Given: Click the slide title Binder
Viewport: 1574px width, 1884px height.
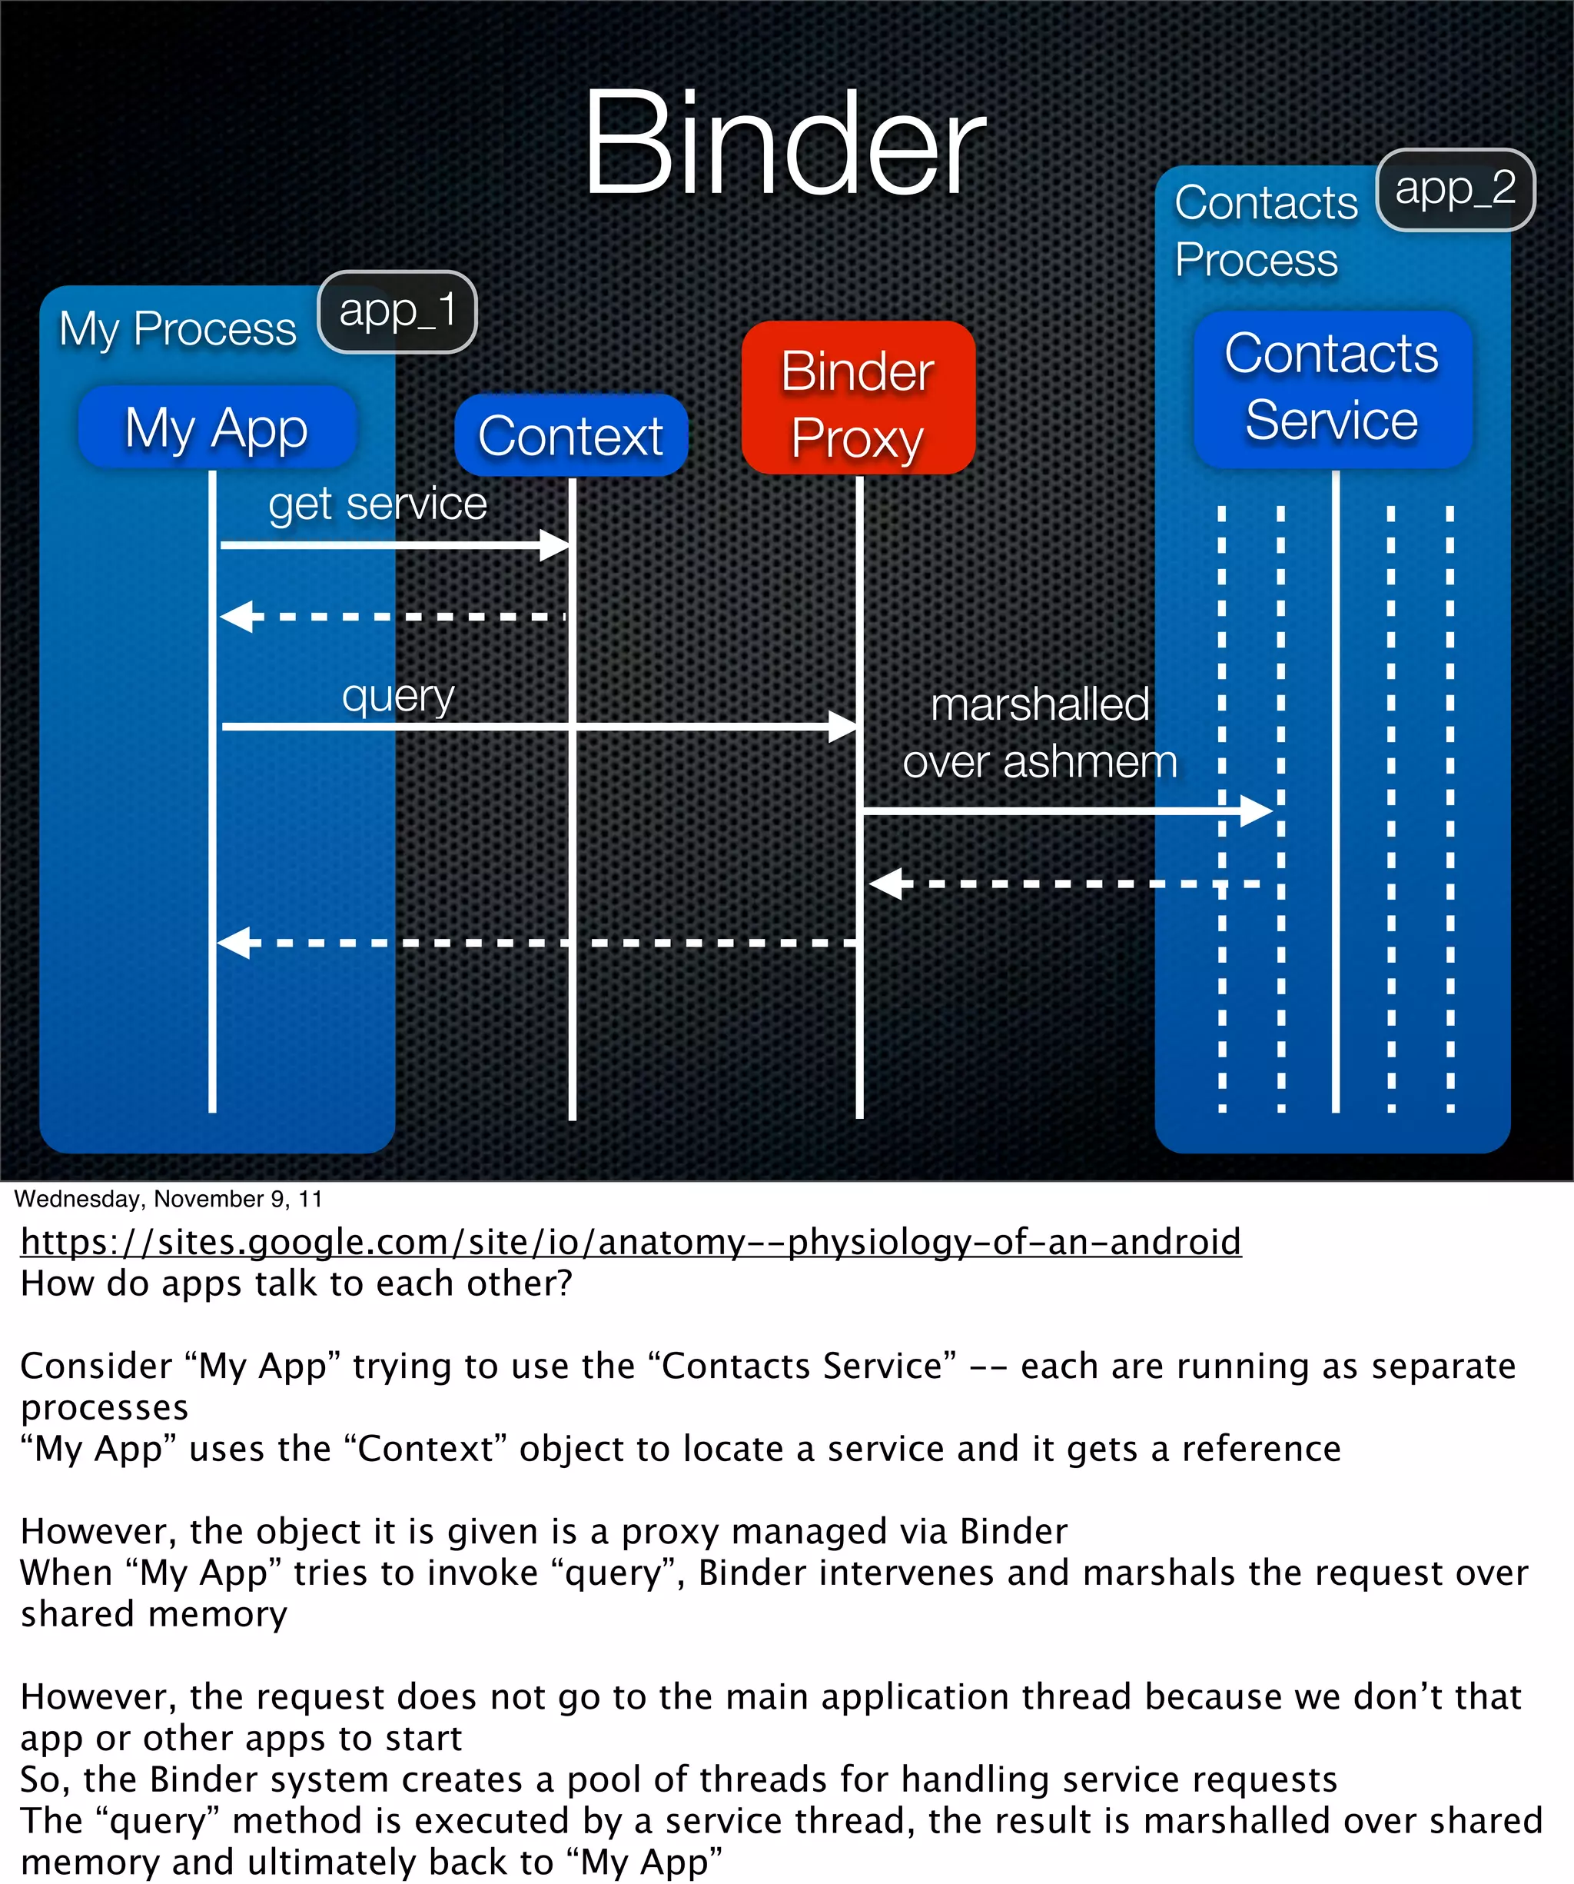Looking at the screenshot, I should pyautogui.click(x=784, y=144).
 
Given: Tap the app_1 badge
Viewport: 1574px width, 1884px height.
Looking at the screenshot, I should pyautogui.click(x=397, y=311).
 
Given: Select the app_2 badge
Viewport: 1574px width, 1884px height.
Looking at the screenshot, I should pyautogui.click(x=1455, y=189).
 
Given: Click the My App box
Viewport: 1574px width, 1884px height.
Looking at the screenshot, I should pyautogui.click(x=217, y=427).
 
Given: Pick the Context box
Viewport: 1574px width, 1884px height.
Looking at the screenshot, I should pyautogui.click(x=570, y=436).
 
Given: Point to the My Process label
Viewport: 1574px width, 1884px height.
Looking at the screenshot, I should pyautogui.click(x=178, y=328).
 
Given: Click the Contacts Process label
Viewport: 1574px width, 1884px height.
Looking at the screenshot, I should pyautogui.click(x=1264, y=231).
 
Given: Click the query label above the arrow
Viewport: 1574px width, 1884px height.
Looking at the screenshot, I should pyautogui.click(x=398, y=696).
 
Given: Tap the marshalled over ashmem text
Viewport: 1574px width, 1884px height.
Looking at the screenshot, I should pyautogui.click(x=1039, y=733).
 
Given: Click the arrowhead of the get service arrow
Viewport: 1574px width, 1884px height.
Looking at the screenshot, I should pyautogui.click(x=554, y=544).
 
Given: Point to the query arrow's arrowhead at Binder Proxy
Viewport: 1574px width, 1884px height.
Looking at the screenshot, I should pyautogui.click(x=842, y=726).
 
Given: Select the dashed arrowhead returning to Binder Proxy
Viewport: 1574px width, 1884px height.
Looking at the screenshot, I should pyautogui.click(x=885, y=884).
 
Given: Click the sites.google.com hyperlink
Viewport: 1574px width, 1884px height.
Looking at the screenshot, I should pyautogui.click(x=630, y=1243).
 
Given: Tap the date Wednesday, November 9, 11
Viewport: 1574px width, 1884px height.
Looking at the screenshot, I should pyautogui.click(x=168, y=1200).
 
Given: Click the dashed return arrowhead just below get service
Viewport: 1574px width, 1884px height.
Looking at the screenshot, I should pyautogui.click(x=236, y=617).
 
